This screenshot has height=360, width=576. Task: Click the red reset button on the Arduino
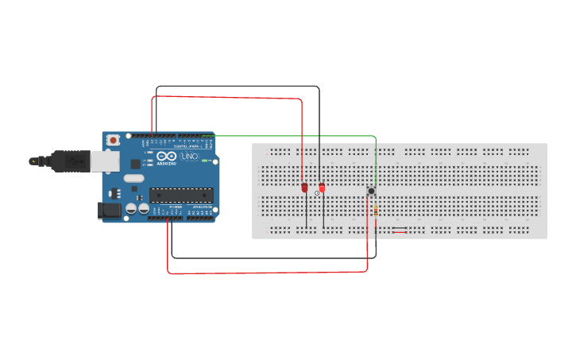click(113, 140)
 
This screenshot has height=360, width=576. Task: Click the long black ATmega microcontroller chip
click(181, 195)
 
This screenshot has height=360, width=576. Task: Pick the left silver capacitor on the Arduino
click(131, 209)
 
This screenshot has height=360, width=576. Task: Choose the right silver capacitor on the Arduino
click(144, 209)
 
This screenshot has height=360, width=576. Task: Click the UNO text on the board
click(190, 157)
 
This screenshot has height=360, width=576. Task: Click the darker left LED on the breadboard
click(304, 188)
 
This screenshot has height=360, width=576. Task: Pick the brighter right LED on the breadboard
click(322, 188)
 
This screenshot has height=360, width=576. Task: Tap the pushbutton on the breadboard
click(371, 191)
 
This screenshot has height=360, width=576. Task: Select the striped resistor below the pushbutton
click(375, 211)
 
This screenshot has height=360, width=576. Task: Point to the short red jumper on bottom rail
click(400, 229)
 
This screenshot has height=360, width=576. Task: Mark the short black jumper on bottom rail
click(400, 233)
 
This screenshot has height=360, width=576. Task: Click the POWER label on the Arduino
click(176, 207)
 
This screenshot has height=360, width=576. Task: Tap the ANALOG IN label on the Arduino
click(199, 207)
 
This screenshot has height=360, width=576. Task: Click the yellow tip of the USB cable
click(33, 161)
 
